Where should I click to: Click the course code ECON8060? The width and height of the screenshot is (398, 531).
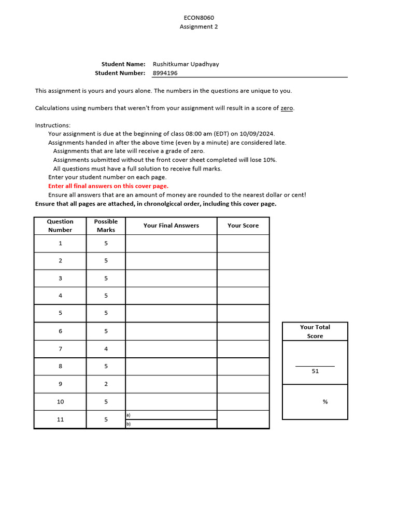199,18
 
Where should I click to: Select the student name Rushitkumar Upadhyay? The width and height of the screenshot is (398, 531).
186,64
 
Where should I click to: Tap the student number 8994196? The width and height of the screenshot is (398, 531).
165,73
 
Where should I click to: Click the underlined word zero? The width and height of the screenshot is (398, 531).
287,108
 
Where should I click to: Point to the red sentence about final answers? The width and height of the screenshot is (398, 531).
108,186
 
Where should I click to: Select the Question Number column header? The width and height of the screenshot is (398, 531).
60,226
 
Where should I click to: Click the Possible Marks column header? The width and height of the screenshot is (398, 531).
106,226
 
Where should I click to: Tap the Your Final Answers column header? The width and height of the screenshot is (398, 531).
171,226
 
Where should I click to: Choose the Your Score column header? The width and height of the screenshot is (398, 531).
243,226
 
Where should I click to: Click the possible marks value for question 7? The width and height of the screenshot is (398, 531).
106,349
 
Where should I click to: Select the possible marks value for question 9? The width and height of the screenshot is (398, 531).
106,384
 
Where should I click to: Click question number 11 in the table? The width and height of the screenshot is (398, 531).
60,420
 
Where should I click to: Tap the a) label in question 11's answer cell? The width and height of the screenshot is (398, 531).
128,415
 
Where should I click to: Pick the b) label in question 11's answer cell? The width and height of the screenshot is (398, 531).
128,424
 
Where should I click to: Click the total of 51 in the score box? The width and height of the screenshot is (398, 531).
315,371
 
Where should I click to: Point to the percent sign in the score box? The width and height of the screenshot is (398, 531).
325,402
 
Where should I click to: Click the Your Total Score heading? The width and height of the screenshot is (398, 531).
315,331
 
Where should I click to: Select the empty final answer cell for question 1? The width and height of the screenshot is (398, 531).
171,243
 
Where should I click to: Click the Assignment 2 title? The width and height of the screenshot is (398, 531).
199,27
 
